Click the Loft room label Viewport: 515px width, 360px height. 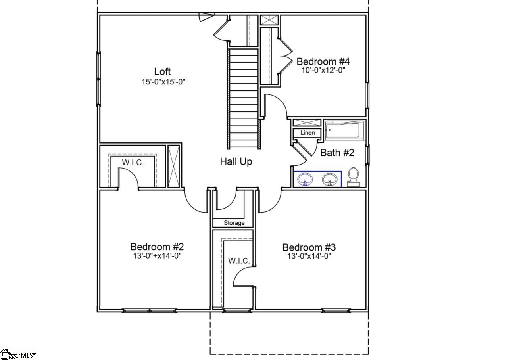tap(162, 71)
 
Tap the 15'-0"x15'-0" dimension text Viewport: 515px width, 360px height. tap(163, 82)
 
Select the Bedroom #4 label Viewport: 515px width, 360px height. tap(323, 61)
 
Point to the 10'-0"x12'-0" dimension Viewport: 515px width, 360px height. tap(323, 70)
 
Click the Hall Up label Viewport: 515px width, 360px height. tap(236, 162)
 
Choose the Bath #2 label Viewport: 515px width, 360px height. tap(337, 153)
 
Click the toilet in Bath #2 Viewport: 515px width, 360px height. tap(353, 177)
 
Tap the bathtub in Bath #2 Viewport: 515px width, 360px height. tap(344, 130)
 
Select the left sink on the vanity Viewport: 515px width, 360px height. tap(305, 179)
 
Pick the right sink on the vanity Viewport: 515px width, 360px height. tap(329, 179)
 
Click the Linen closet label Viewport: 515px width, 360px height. tap(307, 133)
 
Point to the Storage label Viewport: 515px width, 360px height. tap(234, 223)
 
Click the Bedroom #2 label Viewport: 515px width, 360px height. tap(157, 247)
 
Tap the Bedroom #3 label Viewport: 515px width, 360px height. tap(309, 247)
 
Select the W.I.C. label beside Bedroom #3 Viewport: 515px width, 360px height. tap(239, 261)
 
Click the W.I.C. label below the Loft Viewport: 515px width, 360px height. tap(133, 163)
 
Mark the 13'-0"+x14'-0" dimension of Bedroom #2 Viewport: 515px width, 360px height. tap(157, 256)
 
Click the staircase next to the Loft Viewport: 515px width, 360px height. tap(244, 99)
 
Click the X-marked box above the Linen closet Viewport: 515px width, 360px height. tap(307, 123)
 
